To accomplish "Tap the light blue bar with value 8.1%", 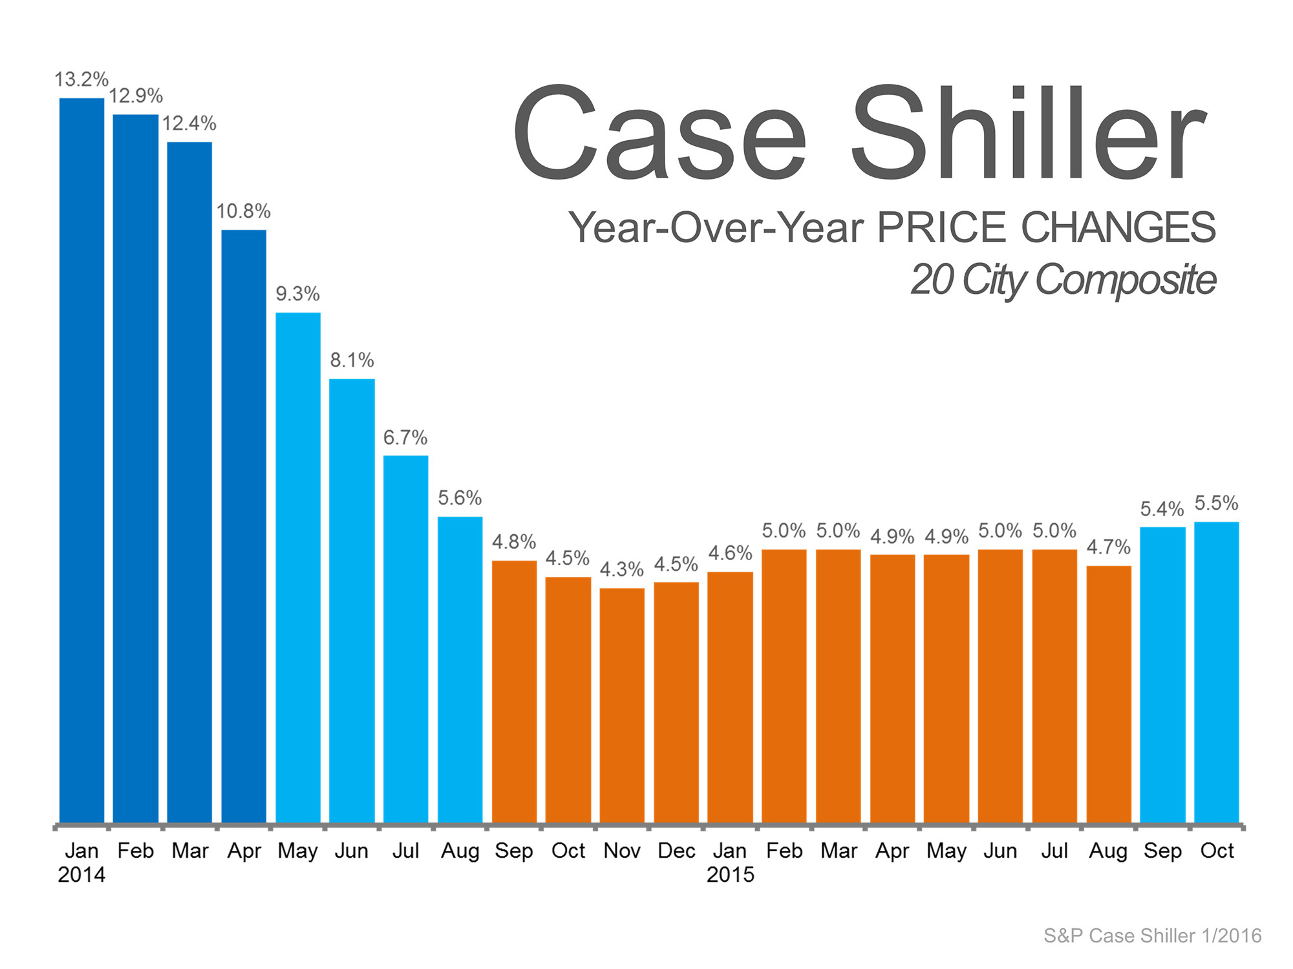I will pyautogui.click(x=352, y=601).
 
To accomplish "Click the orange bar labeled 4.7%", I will pyautogui.click(x=1109, y=694).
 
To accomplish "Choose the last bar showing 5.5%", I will pyautogui.click(x=1216, y=672).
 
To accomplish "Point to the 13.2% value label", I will pyautogui.click(x=81, y=79).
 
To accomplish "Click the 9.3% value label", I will pyautogui.click(x=297, y=294).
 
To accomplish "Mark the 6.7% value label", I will pyautogui.click(x=405, y=437).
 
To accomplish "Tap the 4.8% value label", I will pyautogui.click(x=514, y=541).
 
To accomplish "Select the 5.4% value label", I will pyautogui.click(x=1162, y=509).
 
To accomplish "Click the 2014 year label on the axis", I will pyautogui.click(x=81, y=875).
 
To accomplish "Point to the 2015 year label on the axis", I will pyautogui.click(x=731, y=875).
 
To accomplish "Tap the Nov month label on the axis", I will pyautogui.click(x=622, y=851).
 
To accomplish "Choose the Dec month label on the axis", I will pyautogui.click(x=676, y=851).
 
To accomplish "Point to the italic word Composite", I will pyautogui.click(x=1126, y=280).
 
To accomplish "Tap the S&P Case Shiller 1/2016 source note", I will pyautogui.click(x=1152, y=935).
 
